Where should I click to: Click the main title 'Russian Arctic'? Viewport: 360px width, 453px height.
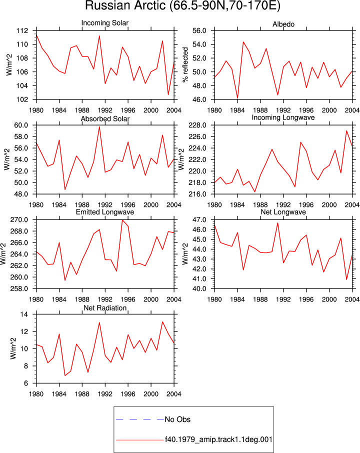(125, 6)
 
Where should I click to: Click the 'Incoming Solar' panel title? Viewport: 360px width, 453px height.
(105, 23)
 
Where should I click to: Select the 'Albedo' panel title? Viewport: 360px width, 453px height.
(283, 24)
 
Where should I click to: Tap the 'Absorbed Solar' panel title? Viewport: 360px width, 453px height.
(105, 118)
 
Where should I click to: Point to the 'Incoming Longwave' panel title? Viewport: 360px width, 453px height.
(283, 117)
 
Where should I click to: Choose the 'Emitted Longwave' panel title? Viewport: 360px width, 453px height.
(105, 212)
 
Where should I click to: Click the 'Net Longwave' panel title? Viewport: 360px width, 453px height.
(283, 212)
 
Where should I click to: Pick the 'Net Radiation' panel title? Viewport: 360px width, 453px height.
(105, 308)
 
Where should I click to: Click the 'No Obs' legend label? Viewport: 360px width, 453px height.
(177, 419)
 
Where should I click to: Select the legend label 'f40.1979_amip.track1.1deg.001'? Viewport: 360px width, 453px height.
(218, 439)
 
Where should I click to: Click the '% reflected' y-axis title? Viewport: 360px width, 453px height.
(185, 65)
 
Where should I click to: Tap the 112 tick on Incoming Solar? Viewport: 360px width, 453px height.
(22, 30)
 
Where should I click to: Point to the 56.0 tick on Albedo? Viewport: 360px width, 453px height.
(199, 30)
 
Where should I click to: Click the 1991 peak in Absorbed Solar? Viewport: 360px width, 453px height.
(99, 126)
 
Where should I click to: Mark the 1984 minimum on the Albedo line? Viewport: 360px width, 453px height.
(237, 98)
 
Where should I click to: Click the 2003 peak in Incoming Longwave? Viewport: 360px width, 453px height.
(346, 130)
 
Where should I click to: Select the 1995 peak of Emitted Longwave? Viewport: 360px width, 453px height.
(122, 220)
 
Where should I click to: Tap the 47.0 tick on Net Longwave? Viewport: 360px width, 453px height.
(199, 220)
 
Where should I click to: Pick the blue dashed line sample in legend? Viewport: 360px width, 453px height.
(140, 419)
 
